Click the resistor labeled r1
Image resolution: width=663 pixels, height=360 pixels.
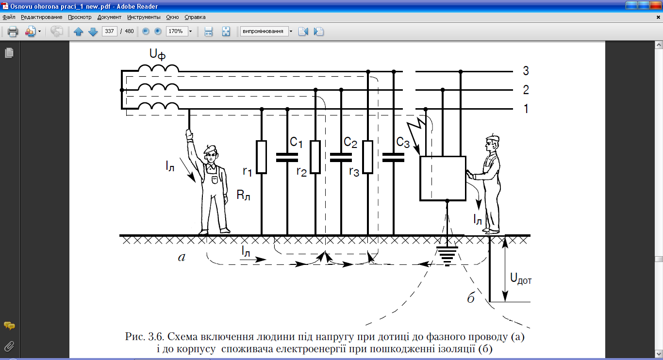262,157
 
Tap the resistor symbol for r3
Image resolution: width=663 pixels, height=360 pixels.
368,157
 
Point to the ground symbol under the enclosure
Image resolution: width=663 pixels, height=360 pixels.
447,255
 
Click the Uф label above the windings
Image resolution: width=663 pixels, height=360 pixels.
157,55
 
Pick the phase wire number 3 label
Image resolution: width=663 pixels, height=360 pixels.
526,71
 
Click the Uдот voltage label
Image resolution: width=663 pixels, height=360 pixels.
520,279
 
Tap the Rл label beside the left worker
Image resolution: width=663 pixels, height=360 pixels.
243,196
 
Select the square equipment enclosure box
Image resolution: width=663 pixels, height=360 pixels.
442,178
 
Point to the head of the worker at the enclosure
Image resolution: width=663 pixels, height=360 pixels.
491,144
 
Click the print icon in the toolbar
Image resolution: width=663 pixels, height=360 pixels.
13,32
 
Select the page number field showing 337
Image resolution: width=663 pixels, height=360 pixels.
109,32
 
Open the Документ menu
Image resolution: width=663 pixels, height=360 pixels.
109,17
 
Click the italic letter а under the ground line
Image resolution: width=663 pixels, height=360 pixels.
182,258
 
